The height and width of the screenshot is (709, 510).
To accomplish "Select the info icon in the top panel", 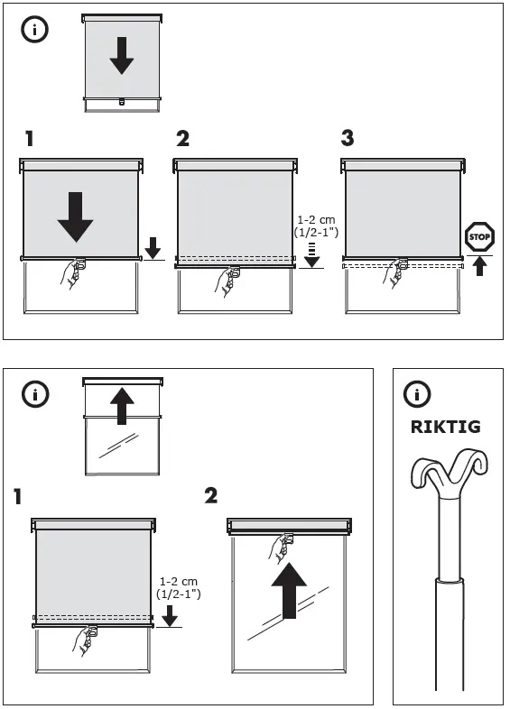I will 34,29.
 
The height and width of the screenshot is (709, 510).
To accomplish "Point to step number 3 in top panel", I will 348,139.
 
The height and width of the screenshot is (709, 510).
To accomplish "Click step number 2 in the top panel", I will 183,139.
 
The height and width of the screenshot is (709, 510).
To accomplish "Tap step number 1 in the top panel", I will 30,139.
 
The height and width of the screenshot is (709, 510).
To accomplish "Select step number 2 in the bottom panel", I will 211,495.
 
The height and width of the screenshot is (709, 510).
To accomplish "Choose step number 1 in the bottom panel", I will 20,496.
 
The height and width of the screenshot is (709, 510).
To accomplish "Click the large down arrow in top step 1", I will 75,214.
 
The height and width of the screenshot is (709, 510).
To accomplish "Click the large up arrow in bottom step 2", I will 289,591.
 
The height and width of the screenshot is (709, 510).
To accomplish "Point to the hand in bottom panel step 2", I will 280,551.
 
